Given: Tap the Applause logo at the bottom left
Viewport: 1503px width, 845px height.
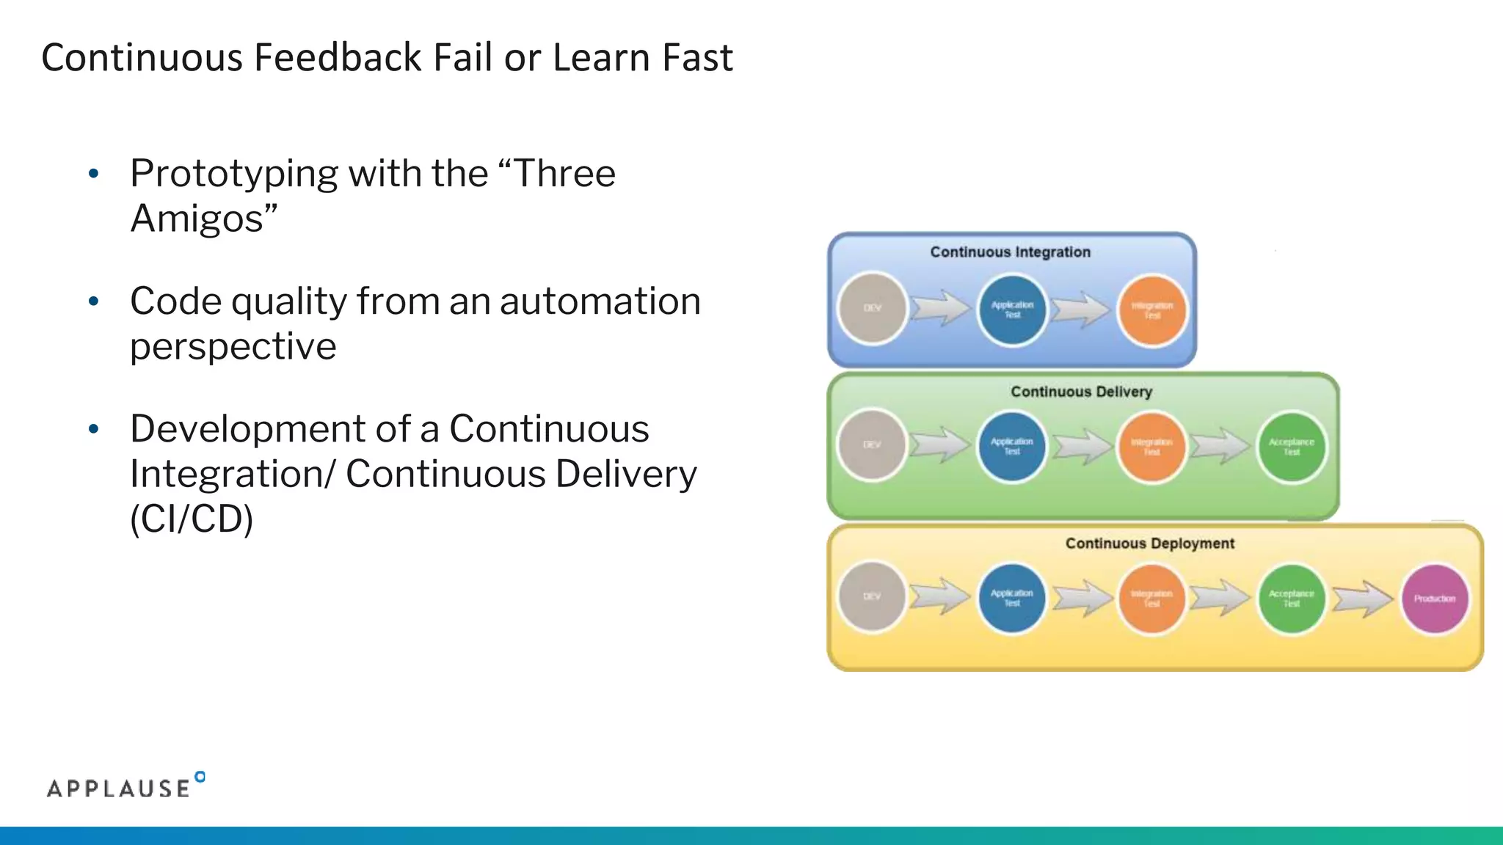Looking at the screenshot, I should [x=125, y=786].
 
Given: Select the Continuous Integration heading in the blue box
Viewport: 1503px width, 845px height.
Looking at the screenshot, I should [x=1010, y=252].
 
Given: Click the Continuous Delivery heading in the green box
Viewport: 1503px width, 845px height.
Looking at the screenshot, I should [x=1081, y=392].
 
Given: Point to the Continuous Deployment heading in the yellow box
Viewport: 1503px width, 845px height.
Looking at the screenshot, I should [x=1149, y=544].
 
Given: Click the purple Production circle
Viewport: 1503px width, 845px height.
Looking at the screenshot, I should [x=1434, y=599].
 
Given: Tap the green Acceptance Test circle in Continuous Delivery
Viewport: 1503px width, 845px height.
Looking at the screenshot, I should [x=1291, y=447].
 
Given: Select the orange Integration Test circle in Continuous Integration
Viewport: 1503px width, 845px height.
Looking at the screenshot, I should [x=1151, y=310].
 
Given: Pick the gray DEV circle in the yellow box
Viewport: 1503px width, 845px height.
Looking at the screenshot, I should [x=872, y=596].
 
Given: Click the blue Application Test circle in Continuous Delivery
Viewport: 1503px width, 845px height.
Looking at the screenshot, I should [x=1011, y=446].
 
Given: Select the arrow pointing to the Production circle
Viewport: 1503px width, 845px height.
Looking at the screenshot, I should [x=1362, y=599].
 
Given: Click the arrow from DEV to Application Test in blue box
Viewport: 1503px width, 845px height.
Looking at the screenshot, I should [x=941, y=308].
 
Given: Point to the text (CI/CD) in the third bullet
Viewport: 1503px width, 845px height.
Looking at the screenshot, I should [x=192, y=519].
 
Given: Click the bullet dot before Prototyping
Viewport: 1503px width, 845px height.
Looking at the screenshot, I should [x=93, y=174].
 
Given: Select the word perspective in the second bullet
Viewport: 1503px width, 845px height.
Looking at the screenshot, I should [x=233, y=346].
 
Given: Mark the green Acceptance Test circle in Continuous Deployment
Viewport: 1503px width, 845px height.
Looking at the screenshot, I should [x=1291, y=599].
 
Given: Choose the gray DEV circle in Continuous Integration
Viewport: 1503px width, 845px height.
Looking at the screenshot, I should [x=872, y=308].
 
